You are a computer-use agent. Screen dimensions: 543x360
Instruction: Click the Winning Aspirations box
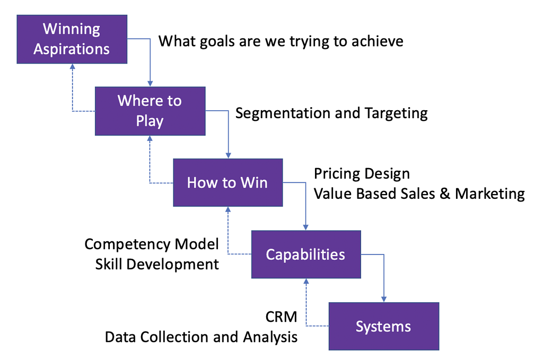tap(72, 39)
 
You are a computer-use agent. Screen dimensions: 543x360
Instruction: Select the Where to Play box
tap(150, 111)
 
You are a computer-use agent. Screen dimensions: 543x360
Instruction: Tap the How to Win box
tap(228, 182)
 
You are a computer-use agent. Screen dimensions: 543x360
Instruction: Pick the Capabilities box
tap(306, 254)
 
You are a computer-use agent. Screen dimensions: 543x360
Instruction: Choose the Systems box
tap(384, 327)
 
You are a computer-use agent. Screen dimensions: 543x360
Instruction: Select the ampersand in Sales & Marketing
tap(445, 194)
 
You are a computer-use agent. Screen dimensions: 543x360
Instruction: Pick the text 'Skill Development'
tap(157, 265)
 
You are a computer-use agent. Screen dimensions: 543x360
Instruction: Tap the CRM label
tap(281, 317)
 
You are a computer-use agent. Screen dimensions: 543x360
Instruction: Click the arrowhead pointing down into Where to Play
tap(150, 83)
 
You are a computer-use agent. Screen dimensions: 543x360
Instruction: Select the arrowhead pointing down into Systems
tap(384, 299)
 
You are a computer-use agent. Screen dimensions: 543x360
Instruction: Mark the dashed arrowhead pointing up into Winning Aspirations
tap(72, 67)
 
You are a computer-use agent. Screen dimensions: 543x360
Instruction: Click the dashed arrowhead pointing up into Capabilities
tap(306, 282)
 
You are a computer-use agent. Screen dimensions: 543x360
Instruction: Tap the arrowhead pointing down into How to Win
tap(228, 155)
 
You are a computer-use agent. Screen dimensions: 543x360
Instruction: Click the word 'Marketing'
tap(489, 194)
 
